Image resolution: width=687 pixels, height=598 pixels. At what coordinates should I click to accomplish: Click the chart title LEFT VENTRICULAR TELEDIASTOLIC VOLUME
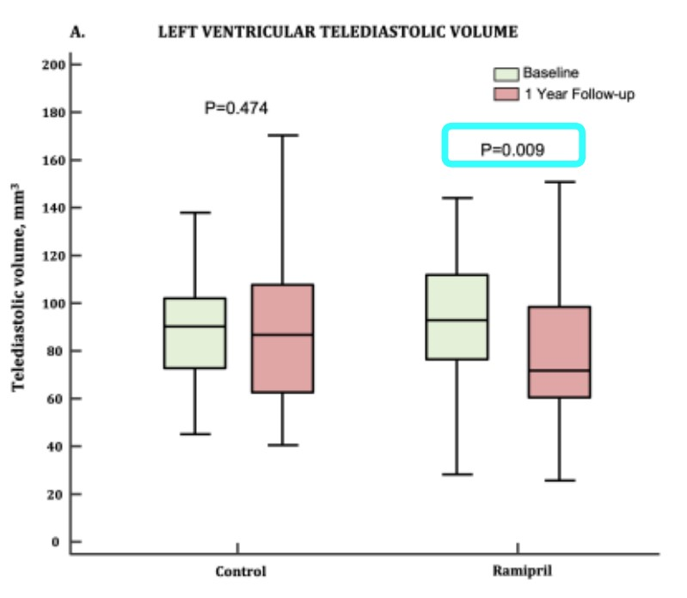click(x=337, y=33)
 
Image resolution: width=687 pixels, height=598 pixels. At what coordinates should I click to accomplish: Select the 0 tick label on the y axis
click(x=53, y=542)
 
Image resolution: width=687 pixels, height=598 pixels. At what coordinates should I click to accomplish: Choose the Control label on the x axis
click(x=240, y=571)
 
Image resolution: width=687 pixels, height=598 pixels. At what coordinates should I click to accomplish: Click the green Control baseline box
click(x=194, y=333)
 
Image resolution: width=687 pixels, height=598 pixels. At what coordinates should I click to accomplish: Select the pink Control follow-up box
click(x=282, y=339)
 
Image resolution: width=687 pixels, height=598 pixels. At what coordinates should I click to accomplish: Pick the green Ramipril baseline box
click(x=457, y=317)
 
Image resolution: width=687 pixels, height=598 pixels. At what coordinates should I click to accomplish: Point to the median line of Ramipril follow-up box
click(x=560, y=370)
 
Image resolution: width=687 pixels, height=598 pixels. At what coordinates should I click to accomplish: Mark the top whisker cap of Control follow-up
click(x=282, y=135)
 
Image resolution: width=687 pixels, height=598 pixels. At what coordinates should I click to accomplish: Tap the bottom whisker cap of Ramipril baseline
click(x=457, y=474)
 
